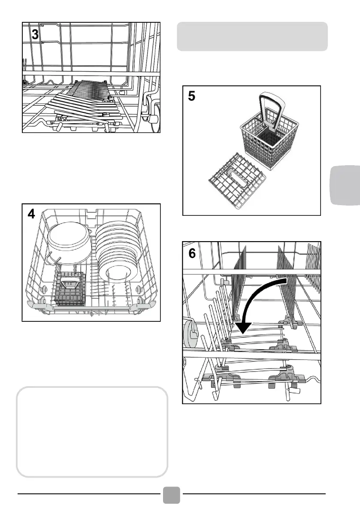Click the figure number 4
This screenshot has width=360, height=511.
[x=32, y=215]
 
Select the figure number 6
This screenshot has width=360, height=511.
[x=193, y=254]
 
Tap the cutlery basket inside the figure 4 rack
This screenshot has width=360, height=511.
[x=71, y=288]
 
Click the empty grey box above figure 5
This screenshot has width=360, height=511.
[x=252, y=36]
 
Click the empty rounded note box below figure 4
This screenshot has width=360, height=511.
[x=91, y=432]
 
